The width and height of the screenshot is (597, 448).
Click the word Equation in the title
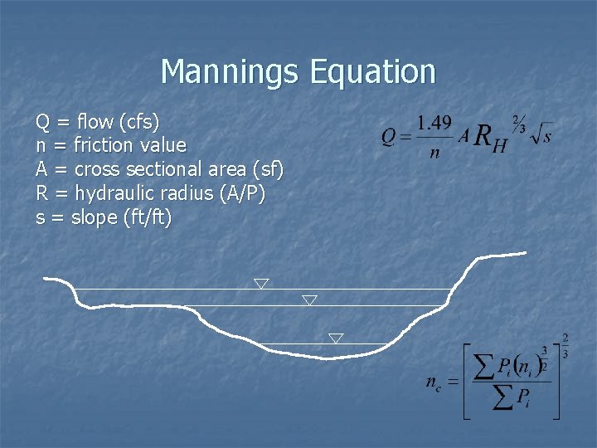[x=372, y=72]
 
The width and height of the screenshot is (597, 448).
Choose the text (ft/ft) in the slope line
[x=146, y=218]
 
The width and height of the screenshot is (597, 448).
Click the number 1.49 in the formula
[x=434, y=123]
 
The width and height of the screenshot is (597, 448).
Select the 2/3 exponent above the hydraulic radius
[x=519, y=123]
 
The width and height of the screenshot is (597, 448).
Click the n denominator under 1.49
[x=434, y=153]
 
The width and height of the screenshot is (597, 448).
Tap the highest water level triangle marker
[x=261, y=284]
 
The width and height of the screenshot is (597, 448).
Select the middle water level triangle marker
[x=309, y=299]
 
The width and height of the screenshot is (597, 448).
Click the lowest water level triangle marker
[x=336, y=338]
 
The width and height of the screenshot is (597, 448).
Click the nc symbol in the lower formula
[x=434, y=383]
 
